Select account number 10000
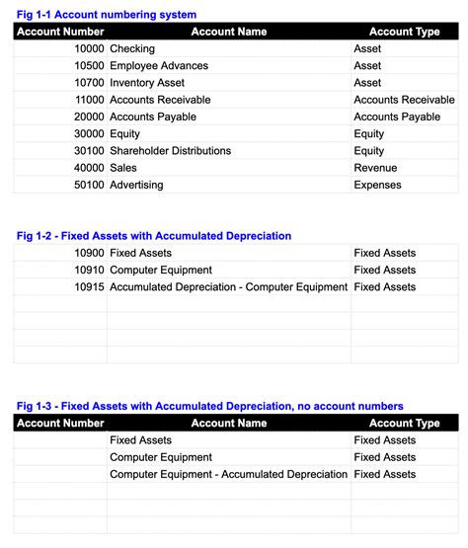point(89,48)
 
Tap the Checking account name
point(132,48)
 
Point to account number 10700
point(89,83)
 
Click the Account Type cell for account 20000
point(397,117)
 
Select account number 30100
point(89,151)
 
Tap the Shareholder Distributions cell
point(170,151)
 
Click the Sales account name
point(123,168)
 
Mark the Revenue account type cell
point(376,168)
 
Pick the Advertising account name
point(136,185)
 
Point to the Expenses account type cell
point(378,185)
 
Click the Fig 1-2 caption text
point(154,236)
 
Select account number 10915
point(89,287)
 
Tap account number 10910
point(89,270)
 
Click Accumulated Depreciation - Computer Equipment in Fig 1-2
point(228,287)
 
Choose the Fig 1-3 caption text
point(210,406)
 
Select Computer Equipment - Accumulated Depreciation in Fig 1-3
point(228,474)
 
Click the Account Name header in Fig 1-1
point(229,32)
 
